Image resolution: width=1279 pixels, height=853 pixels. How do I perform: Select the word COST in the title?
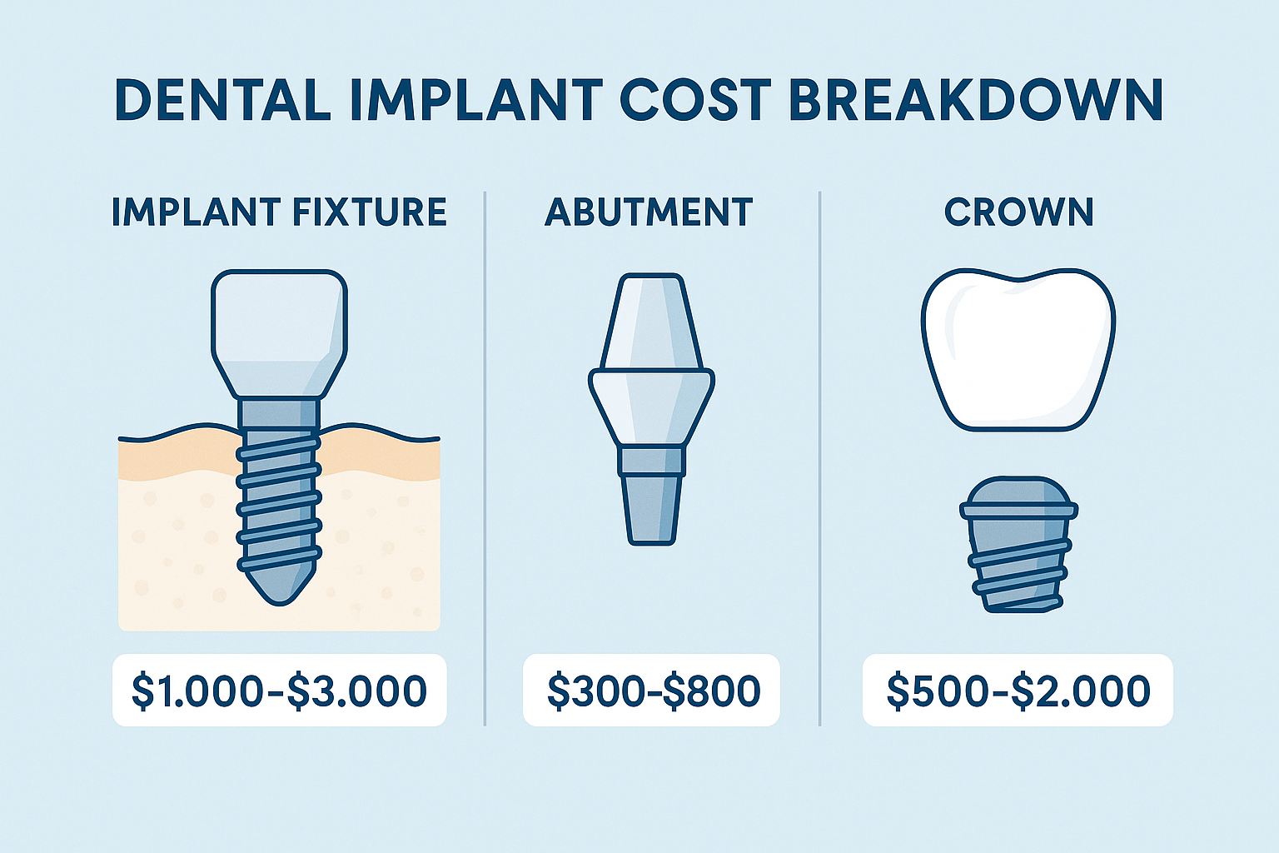pos(694,100)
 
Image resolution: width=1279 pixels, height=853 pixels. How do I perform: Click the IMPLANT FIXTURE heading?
pos(279,212)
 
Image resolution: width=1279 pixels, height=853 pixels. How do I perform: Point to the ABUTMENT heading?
pos(649,212)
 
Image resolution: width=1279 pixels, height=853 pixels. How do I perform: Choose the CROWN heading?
pos(1018,212)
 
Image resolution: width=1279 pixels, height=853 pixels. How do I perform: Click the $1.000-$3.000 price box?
pos(280,691)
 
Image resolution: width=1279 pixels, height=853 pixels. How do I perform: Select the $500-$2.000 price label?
pos(1018,691)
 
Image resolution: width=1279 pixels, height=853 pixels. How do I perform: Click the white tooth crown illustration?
pos(1018,350)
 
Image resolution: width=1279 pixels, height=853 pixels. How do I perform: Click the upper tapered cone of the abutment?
pos(650,321)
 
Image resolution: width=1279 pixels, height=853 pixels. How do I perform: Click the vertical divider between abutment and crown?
pos(820,458)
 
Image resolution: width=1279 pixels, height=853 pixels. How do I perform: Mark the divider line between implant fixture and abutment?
pos(485,458)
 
